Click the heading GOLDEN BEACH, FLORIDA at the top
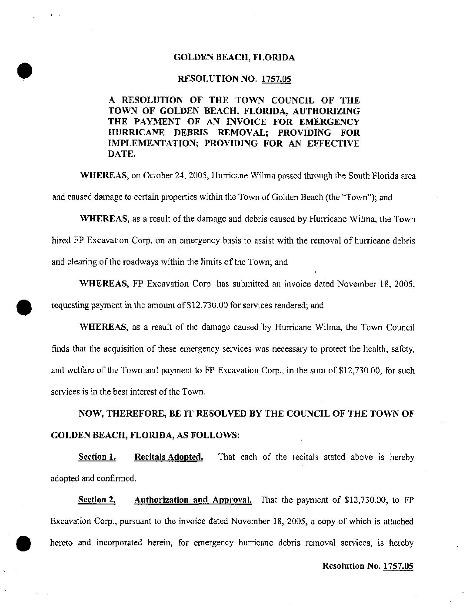(x=234, y=57)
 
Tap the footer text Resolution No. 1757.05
(x=367, y=566)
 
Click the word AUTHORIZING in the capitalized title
(x=329, y=111)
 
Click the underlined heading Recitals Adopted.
(x=169, y=457)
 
